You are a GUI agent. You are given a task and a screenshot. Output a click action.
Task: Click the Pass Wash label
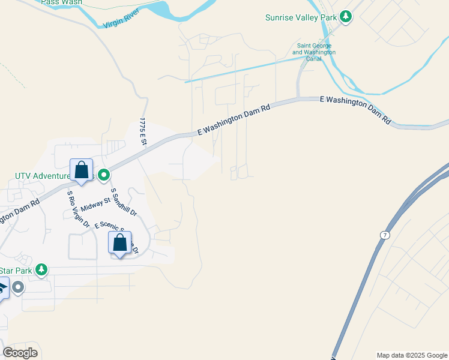[x=62, y=2]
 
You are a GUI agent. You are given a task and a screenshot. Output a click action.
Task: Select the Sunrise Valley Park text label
[x=301, y=17]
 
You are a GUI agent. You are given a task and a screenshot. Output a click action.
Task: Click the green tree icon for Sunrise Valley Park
[x=345, y=17]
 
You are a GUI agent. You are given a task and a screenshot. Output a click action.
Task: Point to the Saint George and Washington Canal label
[x=314, y=52]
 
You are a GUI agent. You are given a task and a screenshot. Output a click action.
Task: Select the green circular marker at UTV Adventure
[x=104, y=175]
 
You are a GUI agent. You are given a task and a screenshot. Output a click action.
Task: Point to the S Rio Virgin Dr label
[x=78, y=209]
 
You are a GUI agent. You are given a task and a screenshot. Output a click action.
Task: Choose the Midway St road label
[x=96, y=205]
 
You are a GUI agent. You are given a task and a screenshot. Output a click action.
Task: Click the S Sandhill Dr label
[x=124, y=202]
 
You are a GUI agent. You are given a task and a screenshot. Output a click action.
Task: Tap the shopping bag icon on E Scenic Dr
[x=120, y=243]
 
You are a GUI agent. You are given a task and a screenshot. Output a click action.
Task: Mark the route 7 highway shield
[x=382, y=233]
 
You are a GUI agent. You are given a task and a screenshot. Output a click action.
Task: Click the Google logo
[x=20, y=353]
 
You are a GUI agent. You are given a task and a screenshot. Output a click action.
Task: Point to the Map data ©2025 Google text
[x=411, y=355]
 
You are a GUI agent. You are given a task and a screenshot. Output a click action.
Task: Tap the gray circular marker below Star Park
[x=17, y=287]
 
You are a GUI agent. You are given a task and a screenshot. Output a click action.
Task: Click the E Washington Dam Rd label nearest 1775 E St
[x=234, y=119]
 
